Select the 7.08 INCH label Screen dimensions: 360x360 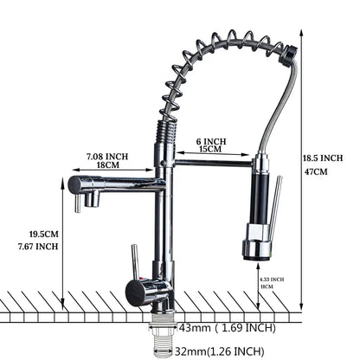(107, 156)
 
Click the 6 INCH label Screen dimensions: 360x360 (211, 141)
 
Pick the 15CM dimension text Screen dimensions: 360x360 (211, 150)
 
